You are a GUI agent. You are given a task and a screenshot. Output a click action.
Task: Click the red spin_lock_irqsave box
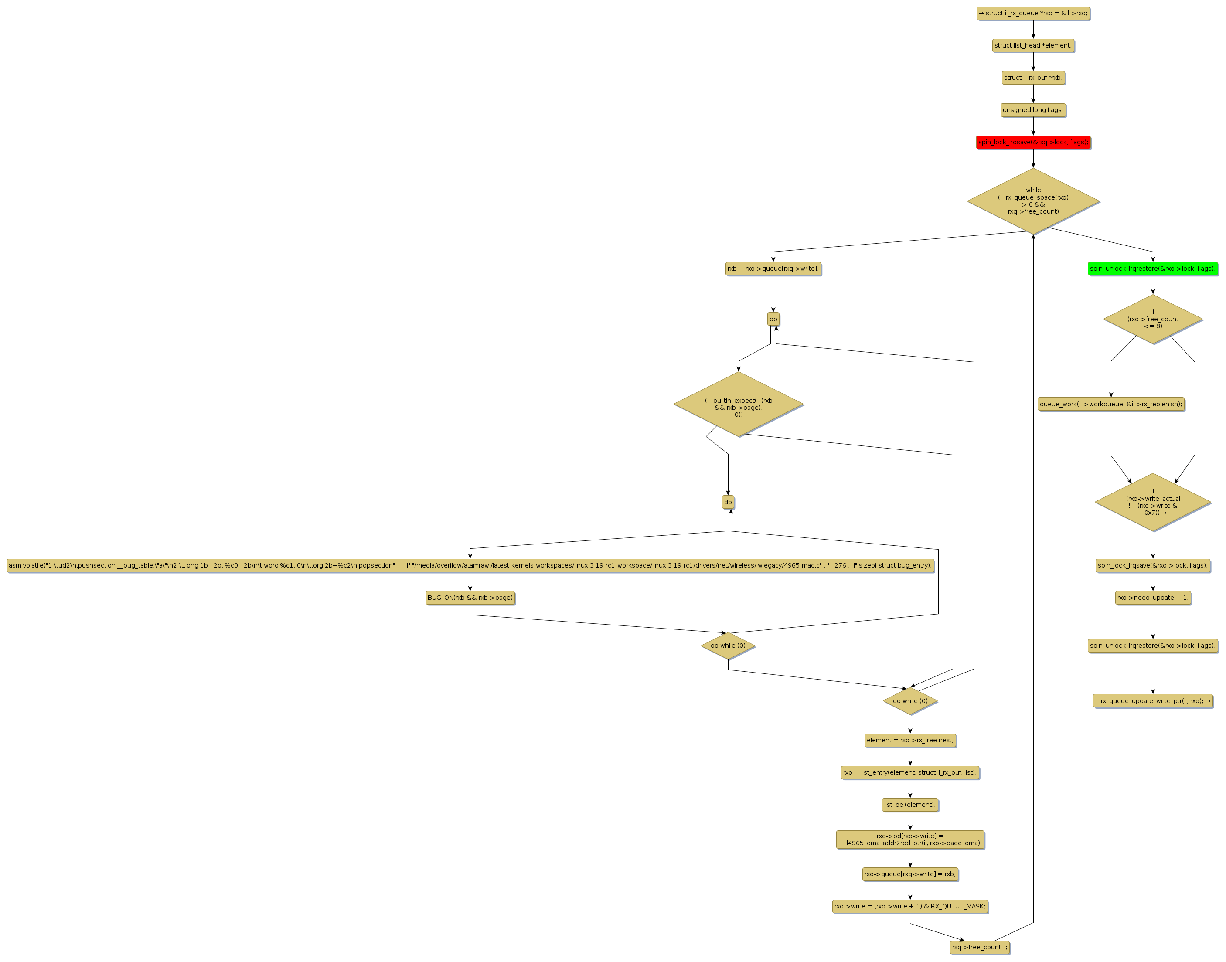click(1033, 143)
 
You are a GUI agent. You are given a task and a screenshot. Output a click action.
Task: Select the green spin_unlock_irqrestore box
click(1152, 269)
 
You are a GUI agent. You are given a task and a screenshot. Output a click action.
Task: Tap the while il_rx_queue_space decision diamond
click(1033, 201)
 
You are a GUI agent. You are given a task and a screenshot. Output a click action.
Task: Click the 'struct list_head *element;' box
click(1033, 46)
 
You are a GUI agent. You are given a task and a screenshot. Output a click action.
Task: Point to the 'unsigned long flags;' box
click(1033, 110)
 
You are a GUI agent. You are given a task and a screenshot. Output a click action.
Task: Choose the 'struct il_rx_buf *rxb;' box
click(1033, 78)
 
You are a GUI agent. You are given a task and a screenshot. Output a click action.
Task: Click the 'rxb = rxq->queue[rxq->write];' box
click(773, 269)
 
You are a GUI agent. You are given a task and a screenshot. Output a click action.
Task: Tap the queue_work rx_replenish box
click(1110, 404)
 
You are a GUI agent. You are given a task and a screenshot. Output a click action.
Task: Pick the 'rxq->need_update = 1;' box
click(1152, 598)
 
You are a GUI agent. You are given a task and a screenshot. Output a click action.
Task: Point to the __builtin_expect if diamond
click(738, 404)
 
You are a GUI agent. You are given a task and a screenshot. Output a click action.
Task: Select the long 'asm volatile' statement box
click(470, 565)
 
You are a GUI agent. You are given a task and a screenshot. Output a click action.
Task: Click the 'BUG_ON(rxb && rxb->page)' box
click(470, 598)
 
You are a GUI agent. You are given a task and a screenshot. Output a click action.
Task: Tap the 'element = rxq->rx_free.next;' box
click(910, 740)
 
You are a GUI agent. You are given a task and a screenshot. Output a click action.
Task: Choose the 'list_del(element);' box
click(910, 805)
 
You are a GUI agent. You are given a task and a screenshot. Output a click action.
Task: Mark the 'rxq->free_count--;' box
click(979, 947)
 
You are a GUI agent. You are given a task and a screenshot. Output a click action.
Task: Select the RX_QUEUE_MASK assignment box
click(910, 906)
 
